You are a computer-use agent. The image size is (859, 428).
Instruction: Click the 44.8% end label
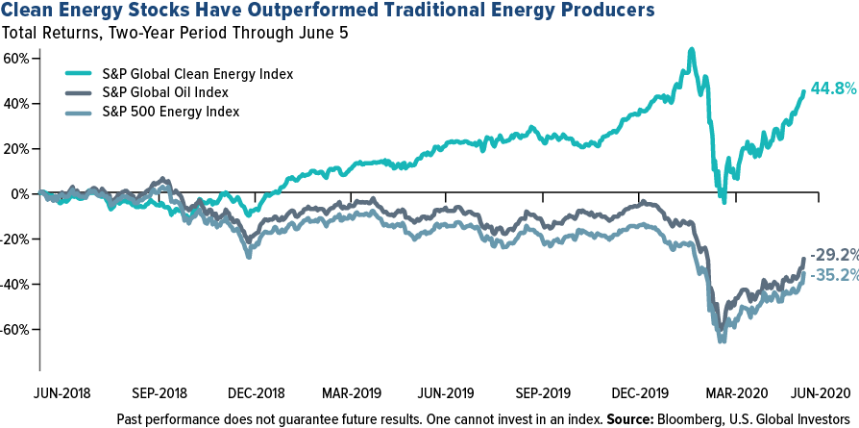832,90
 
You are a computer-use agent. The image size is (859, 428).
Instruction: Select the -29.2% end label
832,256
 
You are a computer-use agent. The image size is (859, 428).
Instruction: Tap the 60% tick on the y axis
18,58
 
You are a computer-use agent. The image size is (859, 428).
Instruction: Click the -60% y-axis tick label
16,329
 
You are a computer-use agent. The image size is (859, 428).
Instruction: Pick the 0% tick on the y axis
22,193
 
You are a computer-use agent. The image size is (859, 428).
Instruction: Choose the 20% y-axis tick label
18,148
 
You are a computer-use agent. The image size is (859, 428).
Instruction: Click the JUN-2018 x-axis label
63,393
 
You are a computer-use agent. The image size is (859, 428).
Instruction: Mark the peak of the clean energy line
691,48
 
